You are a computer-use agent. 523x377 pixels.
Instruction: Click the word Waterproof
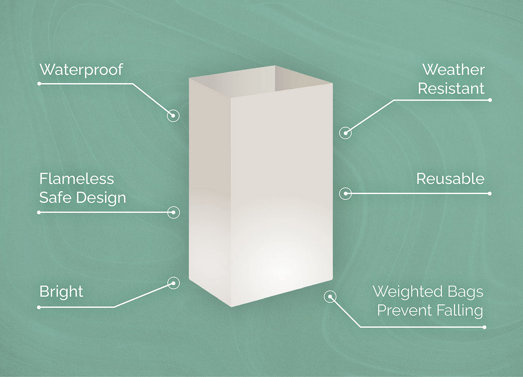[x=81, y=70]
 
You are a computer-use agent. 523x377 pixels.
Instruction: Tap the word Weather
[x=454, y=70]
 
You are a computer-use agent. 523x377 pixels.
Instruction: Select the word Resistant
[x=451, y=88]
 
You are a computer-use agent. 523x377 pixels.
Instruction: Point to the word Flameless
[x=77, y=179]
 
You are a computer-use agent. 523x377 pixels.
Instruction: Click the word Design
[x=101, y=198]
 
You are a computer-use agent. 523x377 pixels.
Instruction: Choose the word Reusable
[x=451, y=179]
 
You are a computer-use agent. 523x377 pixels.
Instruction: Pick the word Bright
[x=61, y=292]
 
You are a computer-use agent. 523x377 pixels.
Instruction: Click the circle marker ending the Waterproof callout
[x=173, y=116]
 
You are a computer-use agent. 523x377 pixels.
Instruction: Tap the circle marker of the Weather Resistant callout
[x=346, y=133]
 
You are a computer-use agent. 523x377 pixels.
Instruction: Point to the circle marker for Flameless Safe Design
[x=173, y=212]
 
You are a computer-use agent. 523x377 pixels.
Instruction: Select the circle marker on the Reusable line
[x=346, y=193]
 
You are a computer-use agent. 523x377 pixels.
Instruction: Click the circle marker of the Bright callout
[x=173, y=283]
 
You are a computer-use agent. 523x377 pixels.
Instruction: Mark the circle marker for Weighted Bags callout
[x=330, y=297]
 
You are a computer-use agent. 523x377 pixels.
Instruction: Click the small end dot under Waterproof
[x=39, y=83]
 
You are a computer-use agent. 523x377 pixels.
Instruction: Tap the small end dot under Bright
[x=39, y=307]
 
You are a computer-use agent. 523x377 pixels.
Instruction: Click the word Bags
[x=462, y=292]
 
